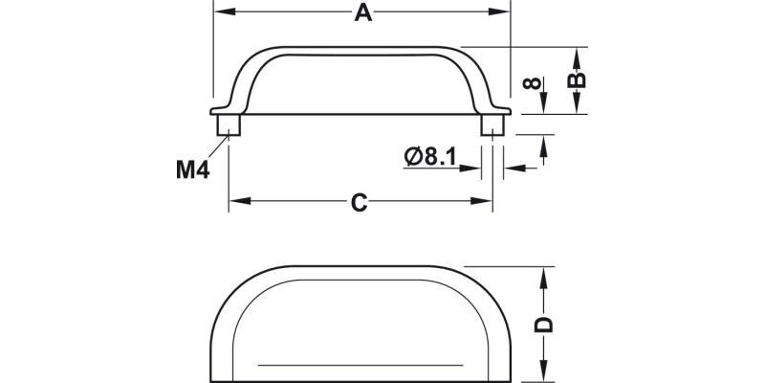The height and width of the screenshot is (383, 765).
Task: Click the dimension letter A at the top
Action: pos(361,12)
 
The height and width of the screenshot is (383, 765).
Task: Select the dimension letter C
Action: pos(358,202)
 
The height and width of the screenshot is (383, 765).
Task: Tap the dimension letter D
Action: pos(543,324)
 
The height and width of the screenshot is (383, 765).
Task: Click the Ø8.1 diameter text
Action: pos(430,156)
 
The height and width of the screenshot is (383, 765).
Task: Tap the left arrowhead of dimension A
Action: pos(219,12)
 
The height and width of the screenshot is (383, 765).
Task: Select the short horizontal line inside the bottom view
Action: pos(361,365)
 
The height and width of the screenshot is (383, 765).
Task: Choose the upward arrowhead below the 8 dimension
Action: pos(544,145)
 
